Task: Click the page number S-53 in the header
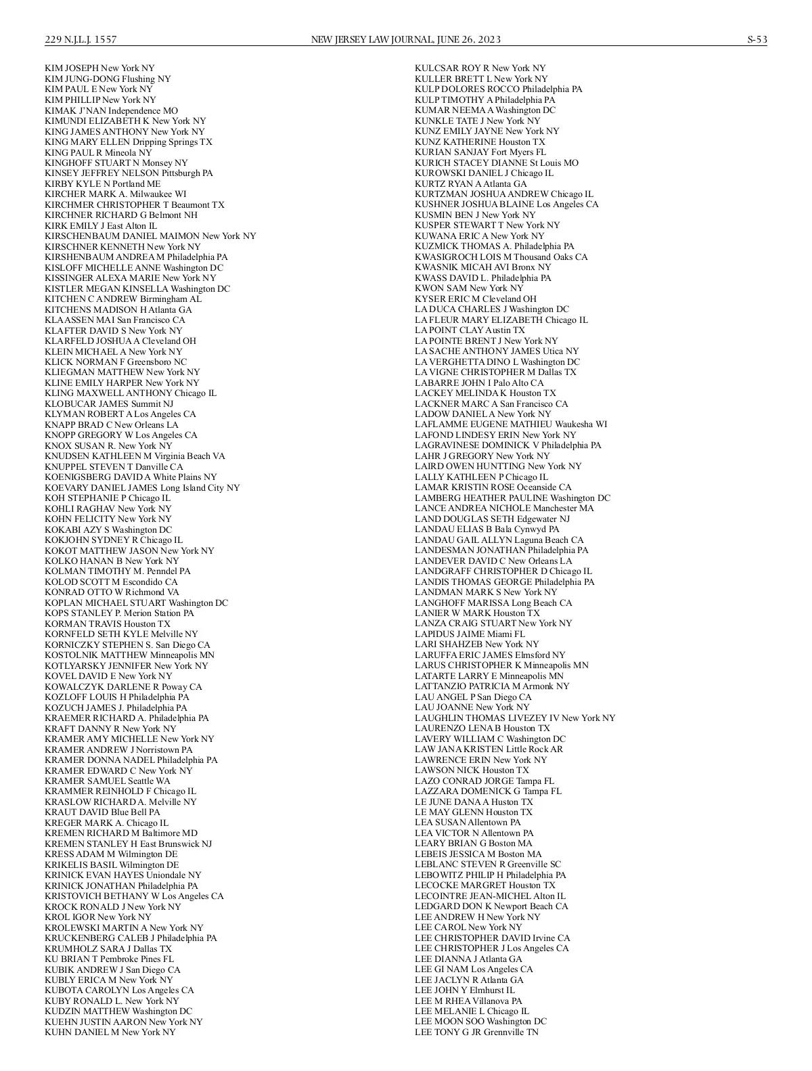(x=757, y=40)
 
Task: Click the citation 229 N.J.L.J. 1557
(x=81, y=40)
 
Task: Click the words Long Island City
(x=192, y=488)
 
